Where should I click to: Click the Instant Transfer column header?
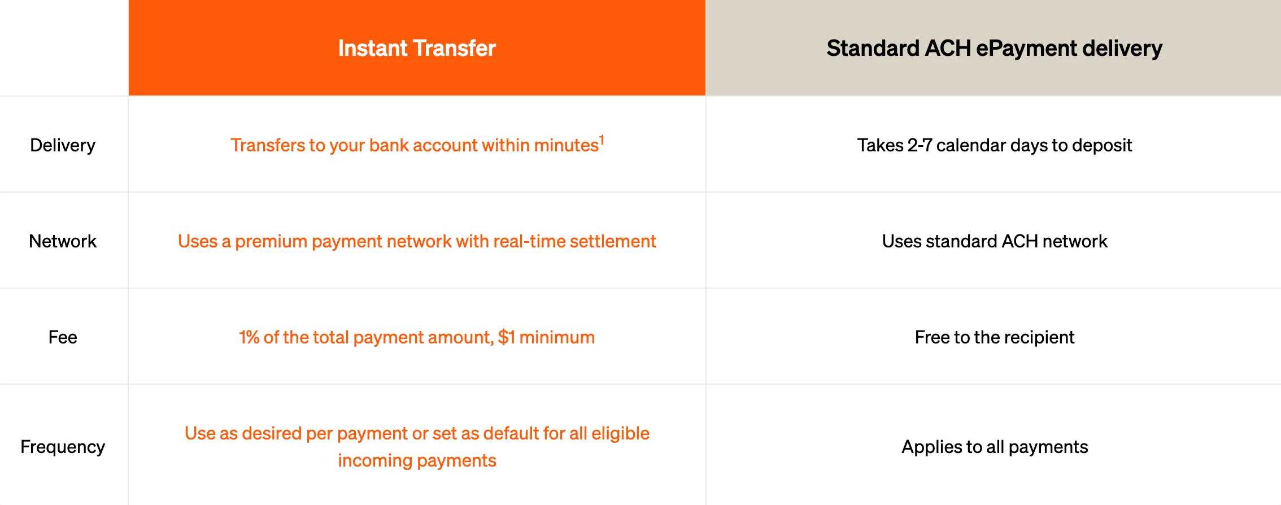click(x=417, y=49)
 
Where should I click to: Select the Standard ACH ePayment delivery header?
click(x=994, y=49)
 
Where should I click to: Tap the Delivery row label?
click(x=63, y=145)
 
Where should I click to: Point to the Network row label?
click(x=63, y=241)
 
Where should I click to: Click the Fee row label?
click(x=63, y=337)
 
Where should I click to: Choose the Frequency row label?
click(x=63, y=447)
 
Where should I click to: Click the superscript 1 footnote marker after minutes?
click(x=602, y=140)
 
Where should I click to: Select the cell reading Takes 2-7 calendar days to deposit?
click(x=994, y=145)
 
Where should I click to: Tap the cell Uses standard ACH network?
click(x=994, y=241)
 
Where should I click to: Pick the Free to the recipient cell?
click(x=994, y=337)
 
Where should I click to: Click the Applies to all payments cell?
click(x=994, y=447)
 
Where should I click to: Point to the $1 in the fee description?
click(x=506, y=337)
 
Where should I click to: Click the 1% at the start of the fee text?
click(x=249, y=337)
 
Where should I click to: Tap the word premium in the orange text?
click(x=271, y=241)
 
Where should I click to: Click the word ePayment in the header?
click(x=1026, y=49)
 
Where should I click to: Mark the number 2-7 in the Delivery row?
click(x=920, y=145)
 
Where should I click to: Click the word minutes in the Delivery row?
click(x=566, y=145)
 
